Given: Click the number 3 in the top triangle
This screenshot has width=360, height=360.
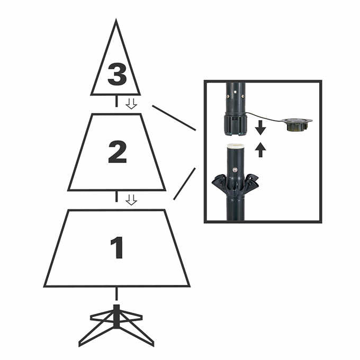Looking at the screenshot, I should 117,74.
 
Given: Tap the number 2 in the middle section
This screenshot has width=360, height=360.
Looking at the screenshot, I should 117,152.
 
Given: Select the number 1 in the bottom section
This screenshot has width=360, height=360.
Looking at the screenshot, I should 116,247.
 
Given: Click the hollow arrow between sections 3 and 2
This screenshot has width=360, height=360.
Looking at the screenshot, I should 131,103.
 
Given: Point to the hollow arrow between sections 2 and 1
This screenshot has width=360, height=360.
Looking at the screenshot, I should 131,200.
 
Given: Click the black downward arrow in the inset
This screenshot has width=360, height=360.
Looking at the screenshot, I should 260,128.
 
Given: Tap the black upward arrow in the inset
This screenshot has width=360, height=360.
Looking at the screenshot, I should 260,151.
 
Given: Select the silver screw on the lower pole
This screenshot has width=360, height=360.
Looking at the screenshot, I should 235,170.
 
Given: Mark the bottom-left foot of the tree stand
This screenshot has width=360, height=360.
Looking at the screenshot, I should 81,344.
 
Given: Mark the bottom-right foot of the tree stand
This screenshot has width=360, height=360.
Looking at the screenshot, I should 152,344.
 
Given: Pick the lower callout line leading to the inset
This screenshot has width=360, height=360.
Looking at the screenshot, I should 184,184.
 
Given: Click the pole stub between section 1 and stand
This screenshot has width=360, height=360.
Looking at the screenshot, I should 116,294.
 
